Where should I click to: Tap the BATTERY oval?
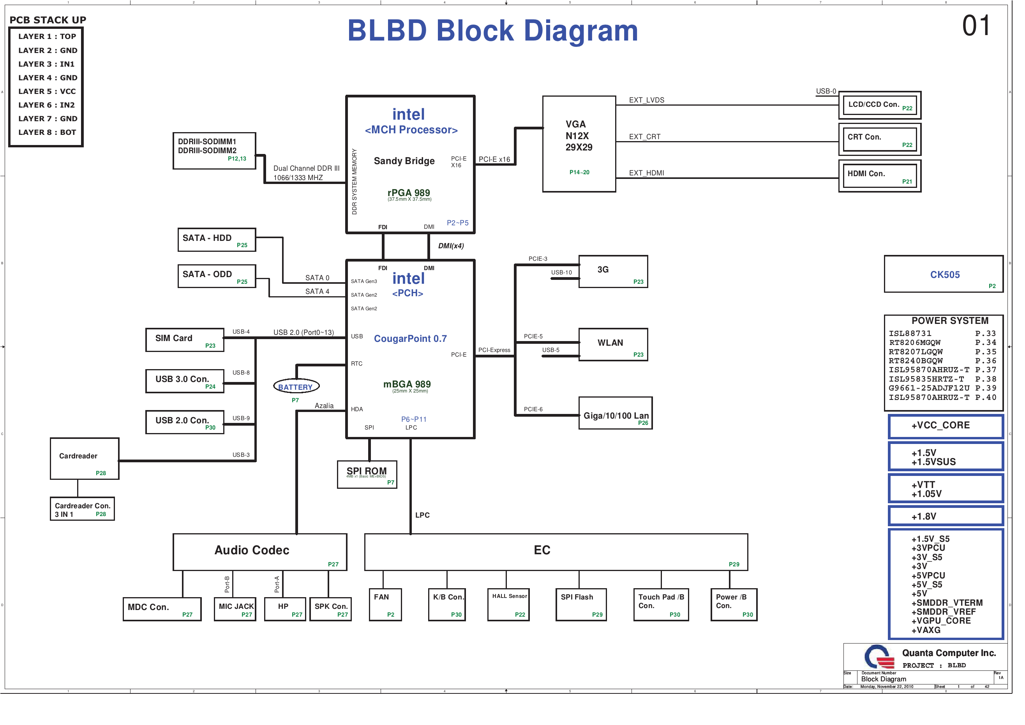coord(296,386)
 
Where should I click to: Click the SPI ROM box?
coord(367,474)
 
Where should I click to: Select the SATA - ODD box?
coord(217,276)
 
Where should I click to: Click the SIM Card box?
coord(184,340)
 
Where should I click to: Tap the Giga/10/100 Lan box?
coord(616,413)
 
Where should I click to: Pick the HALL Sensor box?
coord(509,605)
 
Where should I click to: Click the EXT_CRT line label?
coord(645,137)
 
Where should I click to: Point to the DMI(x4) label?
coord(451,246)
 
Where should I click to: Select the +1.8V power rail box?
coord(946,516)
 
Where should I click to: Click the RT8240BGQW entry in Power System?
coord(916,361)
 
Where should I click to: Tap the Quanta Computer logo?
coord(879,657)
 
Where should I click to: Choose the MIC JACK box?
coord(235,609)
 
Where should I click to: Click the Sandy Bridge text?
coord(404,161)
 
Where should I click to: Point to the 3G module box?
coord(613,272)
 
